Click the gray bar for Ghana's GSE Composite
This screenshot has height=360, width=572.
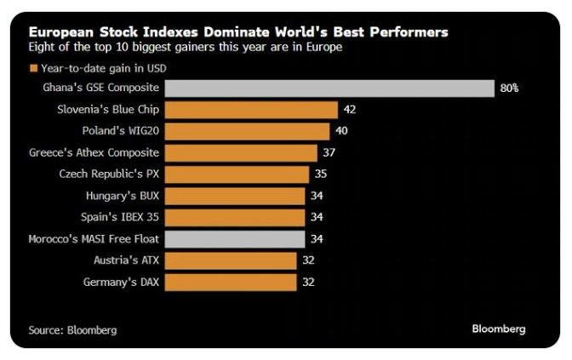point(329,88)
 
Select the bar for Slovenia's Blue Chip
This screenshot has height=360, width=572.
point(251,109)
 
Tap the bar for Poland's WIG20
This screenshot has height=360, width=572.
point(247,131)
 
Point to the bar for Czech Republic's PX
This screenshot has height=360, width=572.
point(237,174)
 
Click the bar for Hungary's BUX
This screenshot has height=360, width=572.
point(234,196)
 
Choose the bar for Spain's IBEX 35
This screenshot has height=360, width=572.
point(234,217)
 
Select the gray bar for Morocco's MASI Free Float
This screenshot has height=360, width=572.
point(234,239)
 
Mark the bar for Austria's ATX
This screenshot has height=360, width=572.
point(231,260)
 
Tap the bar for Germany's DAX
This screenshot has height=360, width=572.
point(231,282)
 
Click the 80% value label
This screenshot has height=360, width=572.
point(509,88)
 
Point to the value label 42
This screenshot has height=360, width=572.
point(349,110)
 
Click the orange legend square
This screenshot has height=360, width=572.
point(33,68)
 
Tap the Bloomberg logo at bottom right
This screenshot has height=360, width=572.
point(499,328)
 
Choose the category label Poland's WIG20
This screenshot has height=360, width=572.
point(122,131)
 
